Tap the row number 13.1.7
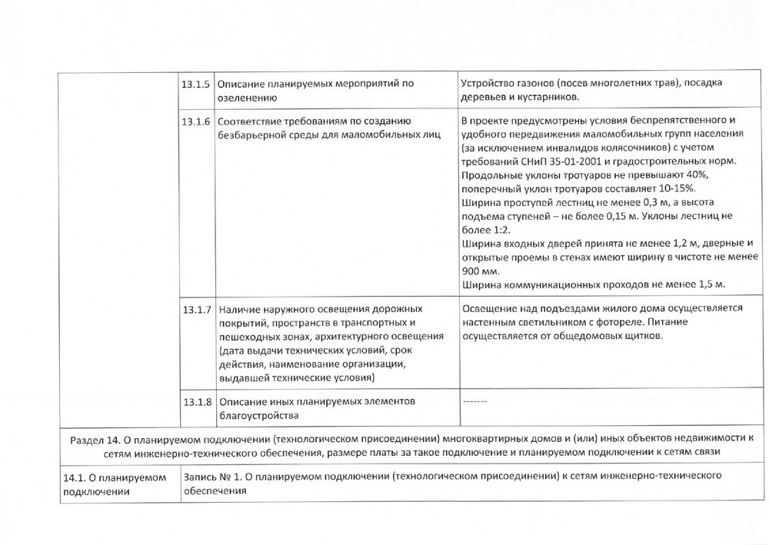[195, 309]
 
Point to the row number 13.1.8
[195, 401]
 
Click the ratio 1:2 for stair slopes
[502, 230]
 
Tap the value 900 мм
[480, 271]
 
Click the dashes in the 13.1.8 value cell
[474, 400]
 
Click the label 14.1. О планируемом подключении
[115, 484]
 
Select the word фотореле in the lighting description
[606, 323]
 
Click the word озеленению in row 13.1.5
[248, 98]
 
